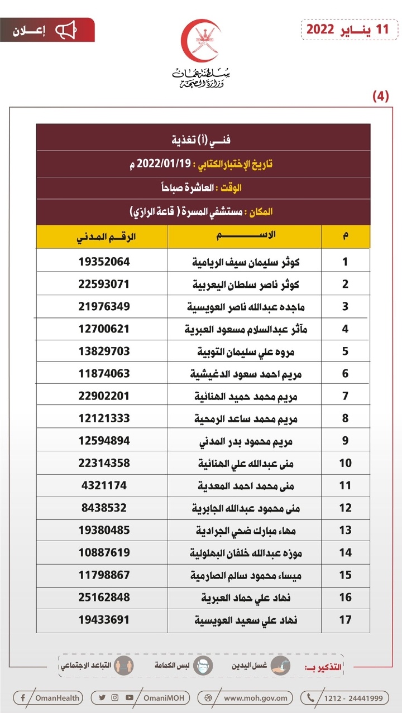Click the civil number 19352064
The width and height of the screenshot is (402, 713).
105,262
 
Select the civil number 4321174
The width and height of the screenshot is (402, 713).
105,485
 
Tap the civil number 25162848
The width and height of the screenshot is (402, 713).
105,598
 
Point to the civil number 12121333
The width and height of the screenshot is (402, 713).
105,418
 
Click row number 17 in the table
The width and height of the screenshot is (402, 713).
345,620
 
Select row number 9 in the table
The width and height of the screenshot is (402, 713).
345,441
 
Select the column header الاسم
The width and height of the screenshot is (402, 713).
245,236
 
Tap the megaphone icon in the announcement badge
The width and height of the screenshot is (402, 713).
66,30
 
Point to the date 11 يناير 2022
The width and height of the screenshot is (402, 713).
346,29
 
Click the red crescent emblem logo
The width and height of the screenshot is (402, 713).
201,42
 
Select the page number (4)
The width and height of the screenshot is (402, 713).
380,96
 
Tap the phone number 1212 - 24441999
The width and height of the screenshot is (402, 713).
345,697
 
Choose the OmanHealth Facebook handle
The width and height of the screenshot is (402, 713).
49,697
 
